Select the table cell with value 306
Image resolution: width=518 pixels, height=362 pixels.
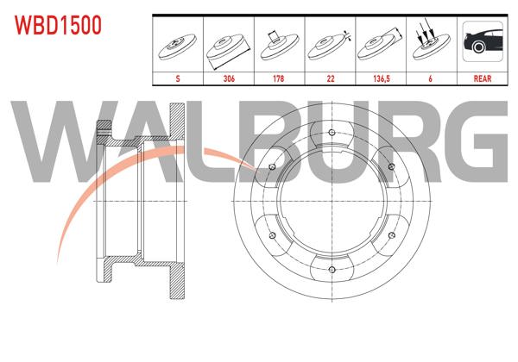[x=229, y=78]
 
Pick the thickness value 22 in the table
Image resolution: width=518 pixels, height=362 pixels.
[x=331, y=78]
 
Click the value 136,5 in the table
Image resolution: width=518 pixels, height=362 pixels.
[x=382, y=78]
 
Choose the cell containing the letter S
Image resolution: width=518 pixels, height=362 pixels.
[x=178, y=78]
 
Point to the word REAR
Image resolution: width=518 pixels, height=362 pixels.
[x=483, y=78]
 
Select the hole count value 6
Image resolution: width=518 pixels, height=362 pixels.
[x=432, y=78]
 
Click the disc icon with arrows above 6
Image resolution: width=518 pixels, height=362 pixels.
[x=432, y=46]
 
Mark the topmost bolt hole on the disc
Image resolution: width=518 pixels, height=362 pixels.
[x=332, y=132]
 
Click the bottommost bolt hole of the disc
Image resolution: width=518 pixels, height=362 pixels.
[x=332, y=271]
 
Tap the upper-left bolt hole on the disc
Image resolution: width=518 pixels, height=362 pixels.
[x=273, y=166]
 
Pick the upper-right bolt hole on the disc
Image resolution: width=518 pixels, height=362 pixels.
[x=392, y=166]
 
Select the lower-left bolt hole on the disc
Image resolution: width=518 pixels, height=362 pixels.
[x=273, y=236]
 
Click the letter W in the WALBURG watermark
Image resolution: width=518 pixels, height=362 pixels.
[x=54, y=142]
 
